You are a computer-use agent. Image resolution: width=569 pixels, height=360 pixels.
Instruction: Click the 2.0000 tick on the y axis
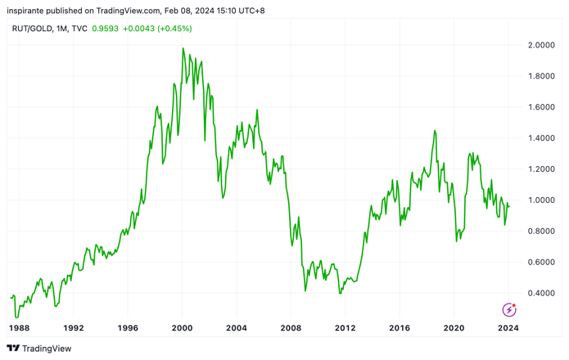click(541, 45)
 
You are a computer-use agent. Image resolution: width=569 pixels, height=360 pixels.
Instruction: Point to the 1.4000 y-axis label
click(541, 138)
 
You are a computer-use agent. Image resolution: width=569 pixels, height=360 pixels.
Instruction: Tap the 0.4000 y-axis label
click(541, 293)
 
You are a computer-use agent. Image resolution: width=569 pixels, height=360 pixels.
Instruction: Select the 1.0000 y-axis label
click(541, 200)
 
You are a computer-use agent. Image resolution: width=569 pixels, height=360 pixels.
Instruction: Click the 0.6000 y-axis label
click(541, 262)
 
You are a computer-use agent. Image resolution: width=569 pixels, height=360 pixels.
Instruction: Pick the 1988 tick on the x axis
click(19, 328)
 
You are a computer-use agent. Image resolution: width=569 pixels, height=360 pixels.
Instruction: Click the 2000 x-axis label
click(183, 328)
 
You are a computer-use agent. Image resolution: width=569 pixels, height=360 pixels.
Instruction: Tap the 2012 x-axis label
click(345, 328)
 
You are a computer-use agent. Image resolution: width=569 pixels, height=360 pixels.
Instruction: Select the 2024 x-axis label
click(508, 328)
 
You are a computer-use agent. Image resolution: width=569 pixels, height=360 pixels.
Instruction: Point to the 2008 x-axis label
click(291, 328)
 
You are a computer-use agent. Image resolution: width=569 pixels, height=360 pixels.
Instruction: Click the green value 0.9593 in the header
click(106, 29)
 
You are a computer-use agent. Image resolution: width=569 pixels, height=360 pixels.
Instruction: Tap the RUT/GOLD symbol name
click(32, 29)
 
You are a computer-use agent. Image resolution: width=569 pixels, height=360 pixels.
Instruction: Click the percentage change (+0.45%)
click(174, 29)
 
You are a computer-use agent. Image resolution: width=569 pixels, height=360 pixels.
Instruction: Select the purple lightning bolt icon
click(509, 310)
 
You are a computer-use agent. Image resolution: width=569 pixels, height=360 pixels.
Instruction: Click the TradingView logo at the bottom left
click(39, 349)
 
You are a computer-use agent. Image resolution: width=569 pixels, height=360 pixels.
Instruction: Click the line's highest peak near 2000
click(183, 47)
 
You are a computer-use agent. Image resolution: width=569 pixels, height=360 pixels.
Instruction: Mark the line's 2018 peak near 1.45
click(435, 131)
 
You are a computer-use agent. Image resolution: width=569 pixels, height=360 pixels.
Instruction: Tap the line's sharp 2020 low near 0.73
click(457, 241)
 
